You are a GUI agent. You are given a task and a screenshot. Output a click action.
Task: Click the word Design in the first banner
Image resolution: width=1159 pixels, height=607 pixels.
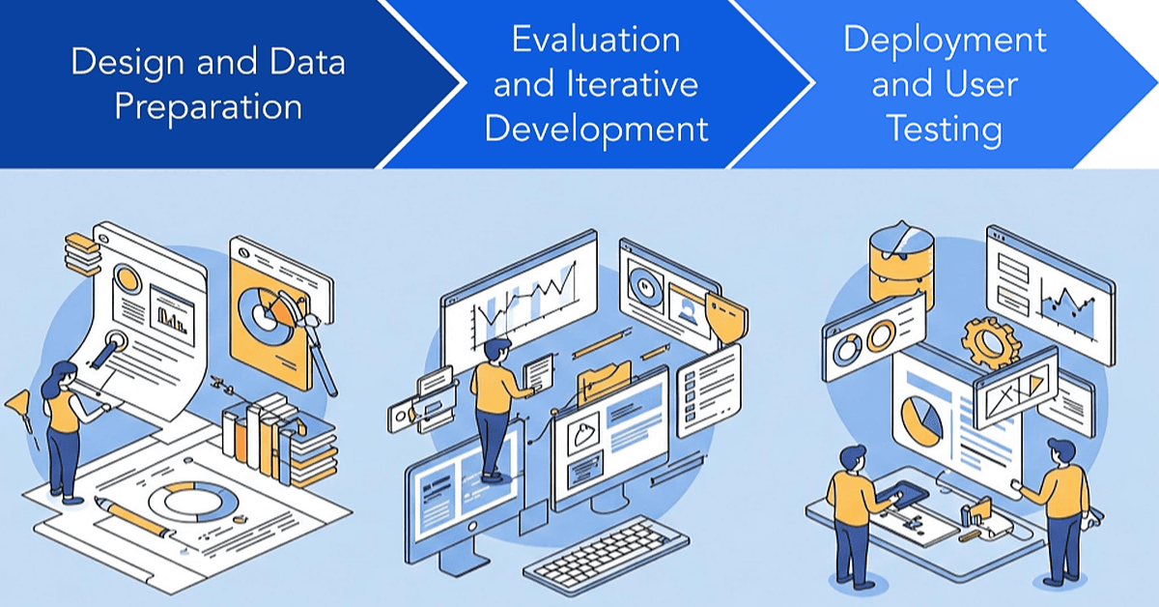tap(127, 63)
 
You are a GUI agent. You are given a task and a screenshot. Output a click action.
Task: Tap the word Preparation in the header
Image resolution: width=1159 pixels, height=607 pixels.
tap(208, 107)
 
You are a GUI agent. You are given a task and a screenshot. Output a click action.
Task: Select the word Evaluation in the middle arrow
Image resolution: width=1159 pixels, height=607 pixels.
tap(596, 40)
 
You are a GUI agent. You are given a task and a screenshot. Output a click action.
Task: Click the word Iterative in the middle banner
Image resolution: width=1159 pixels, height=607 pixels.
tap(633, 84)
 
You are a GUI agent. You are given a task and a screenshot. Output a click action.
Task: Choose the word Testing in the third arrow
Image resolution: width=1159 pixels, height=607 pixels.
tap(945, 130)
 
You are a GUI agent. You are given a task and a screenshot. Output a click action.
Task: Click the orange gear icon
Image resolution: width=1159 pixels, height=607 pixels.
tap(991, 343)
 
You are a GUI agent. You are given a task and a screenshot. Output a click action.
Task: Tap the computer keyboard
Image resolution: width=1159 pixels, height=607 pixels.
tap(606, 551)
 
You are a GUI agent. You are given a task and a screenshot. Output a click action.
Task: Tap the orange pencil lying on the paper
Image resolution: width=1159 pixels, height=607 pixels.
tap(134, 518)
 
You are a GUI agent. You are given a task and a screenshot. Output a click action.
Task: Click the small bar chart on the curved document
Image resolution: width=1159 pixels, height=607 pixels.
tap(172, 315)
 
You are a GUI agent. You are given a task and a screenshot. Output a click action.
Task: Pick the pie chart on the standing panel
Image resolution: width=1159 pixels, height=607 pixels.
tap(922, 420)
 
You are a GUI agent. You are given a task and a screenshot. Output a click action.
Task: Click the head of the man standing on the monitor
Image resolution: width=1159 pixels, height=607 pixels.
tap(497, 352)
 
